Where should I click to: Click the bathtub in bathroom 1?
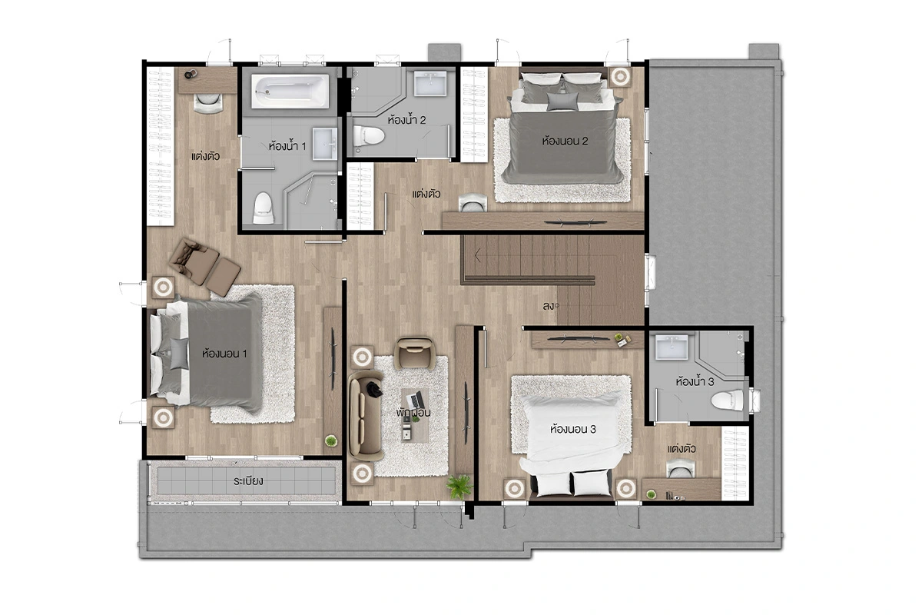[290, 91]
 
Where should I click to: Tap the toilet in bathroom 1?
[263, 208]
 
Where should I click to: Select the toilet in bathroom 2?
[368, 136]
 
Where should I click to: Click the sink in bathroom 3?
[672, 347]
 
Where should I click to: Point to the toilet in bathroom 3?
[727, 401]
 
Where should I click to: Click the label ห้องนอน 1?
[224, 354]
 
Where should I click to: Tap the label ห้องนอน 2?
[565, 141]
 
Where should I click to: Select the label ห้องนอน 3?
[573, 429]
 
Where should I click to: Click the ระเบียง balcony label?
[248, 480]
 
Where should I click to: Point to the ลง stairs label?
[549, 306]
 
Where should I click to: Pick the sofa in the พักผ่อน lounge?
[365, 415]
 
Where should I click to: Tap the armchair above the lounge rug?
[414, 353]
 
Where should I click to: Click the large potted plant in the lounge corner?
[459, 487]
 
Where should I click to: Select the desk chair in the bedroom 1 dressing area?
[208, 102]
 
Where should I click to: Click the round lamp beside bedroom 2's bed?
[620, 76]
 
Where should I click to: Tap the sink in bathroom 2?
[430, 83]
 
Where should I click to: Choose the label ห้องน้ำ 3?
[695, 381]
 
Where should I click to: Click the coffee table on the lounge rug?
[414, 415]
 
